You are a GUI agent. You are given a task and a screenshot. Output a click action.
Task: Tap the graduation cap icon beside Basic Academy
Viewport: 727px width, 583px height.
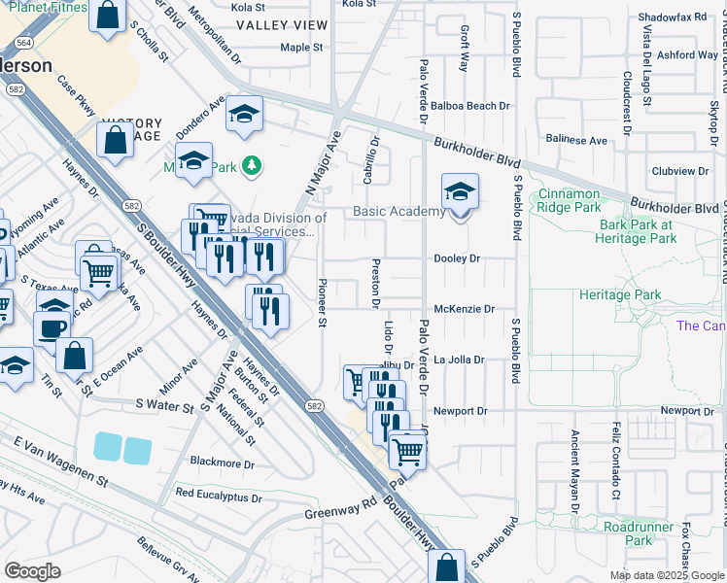[460, 191]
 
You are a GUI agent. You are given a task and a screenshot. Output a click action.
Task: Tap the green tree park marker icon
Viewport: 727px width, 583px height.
[252, 165]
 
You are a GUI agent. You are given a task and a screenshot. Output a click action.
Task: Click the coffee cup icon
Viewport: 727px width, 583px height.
[52, 327]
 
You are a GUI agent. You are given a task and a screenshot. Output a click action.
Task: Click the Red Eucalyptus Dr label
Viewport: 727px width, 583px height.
[220, 493]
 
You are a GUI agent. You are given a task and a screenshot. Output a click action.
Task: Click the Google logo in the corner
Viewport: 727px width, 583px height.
[32, 570]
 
